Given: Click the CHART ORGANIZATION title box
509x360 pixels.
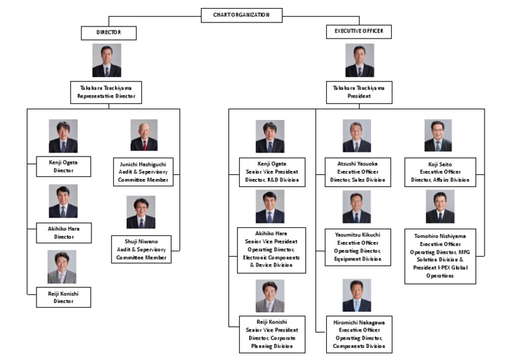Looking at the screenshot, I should (x=241, y=15).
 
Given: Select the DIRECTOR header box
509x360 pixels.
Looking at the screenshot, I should (x=108, y=32).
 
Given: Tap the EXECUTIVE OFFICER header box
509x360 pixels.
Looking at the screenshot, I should (x=359, y=32).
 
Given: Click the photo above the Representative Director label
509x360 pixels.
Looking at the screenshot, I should (x=107, y=60).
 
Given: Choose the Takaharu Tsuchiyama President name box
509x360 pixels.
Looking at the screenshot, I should (x=359, y=91).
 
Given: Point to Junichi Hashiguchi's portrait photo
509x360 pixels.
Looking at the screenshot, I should (x=144, y=135).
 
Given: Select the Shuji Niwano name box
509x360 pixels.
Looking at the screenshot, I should (x=141, y=249).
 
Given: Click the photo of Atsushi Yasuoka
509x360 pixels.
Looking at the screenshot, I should (x=357, y=136).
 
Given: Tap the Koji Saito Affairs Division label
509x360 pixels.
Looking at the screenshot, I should (x=439, y=172).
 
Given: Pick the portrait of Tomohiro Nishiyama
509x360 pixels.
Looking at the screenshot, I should (x=439, y=207).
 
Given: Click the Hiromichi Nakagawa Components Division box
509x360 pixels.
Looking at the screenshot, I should (x=357, y=333).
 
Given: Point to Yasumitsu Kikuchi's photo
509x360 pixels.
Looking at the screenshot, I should (x=357, y=207).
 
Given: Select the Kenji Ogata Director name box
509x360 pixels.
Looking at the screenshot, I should (x=63, y=166).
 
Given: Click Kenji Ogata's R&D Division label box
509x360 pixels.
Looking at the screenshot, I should (x=272, y=172).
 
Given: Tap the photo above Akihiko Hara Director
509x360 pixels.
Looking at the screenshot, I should (x=63, y=202).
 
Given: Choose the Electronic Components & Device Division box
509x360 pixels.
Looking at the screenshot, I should (x=272, y=249).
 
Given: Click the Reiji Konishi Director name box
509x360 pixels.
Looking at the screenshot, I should (x=63, y=296).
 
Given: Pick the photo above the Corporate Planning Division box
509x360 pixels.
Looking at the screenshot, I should (x=270, y=296).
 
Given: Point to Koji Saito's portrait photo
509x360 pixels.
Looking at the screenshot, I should (x=438, y=136).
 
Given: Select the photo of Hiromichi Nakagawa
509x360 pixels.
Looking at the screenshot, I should (x=357, y=296).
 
